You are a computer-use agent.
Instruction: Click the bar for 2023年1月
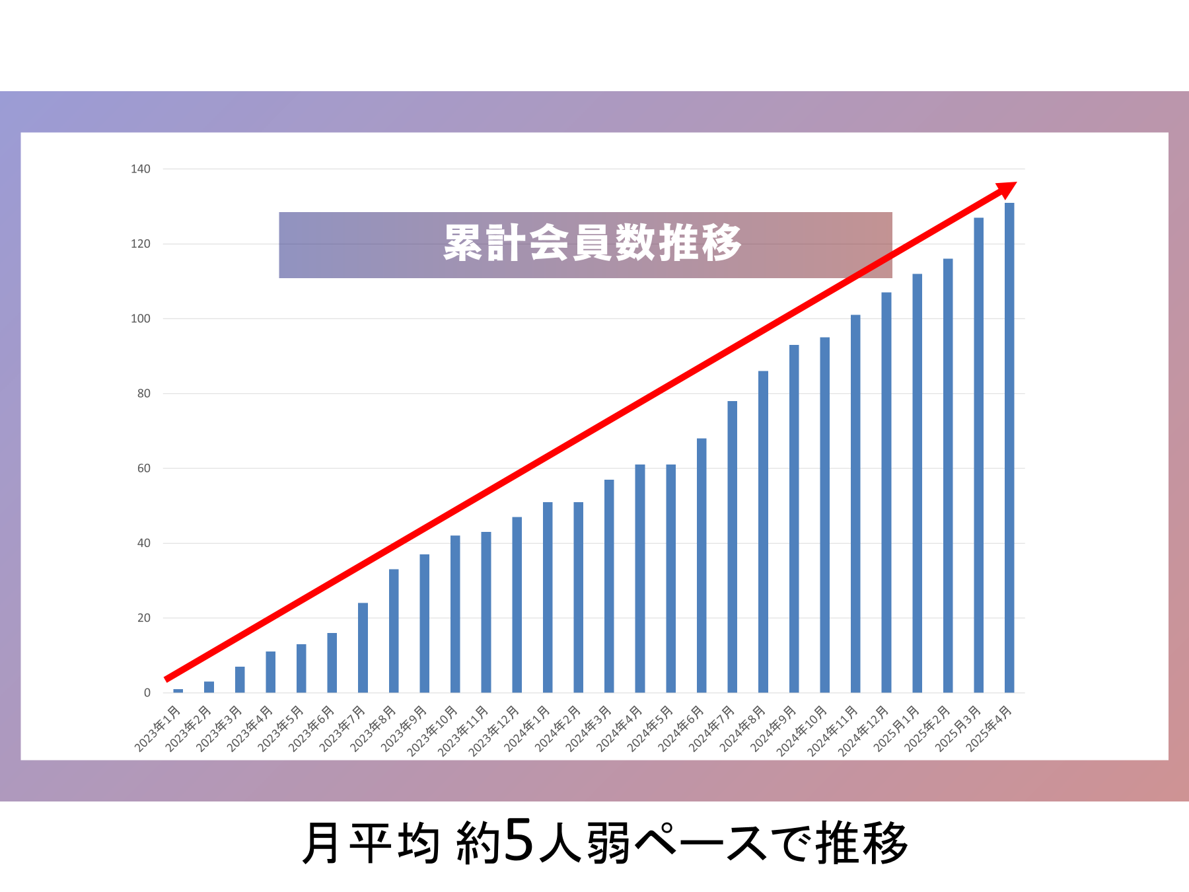click(178, 690)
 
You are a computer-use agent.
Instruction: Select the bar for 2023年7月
click(363, 648)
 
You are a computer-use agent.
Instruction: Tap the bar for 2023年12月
click(517, 605)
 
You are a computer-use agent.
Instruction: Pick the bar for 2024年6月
click(702, 566)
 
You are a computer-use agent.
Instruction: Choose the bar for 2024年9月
click(794, 519)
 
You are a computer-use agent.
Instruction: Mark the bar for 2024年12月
click(886, 492)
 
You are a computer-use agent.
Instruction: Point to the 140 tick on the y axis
click(141, 169)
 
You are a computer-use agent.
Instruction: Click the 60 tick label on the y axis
click(143, 468)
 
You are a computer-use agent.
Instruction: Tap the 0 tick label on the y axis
click(147, 693)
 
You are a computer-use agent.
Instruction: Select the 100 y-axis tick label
click(141, 318)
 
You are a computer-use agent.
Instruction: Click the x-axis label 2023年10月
click(433, 731)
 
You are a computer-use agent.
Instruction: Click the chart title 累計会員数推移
click(593, 244)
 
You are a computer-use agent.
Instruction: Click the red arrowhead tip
click(1015, 184)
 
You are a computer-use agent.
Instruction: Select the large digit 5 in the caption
click(519, 840)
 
